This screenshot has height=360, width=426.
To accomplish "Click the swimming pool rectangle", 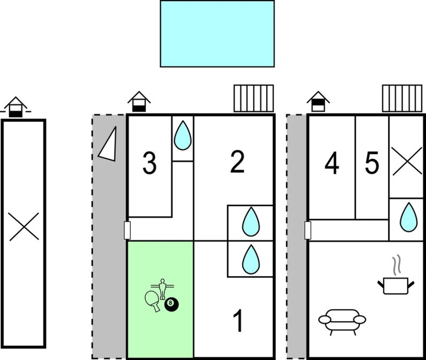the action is (217, 34).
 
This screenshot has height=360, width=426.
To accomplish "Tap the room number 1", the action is (238, 321).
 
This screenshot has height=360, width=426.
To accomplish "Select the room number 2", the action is (237, 162).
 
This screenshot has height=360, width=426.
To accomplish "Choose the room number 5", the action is (372, 163).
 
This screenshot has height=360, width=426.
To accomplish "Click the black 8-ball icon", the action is (172, 304).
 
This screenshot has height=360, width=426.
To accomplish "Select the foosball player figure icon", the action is (163, 289).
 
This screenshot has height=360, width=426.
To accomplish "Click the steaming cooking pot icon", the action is (396, 281).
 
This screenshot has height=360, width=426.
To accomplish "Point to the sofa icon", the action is (342, 322).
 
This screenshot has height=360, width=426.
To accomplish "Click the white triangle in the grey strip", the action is (109, 144).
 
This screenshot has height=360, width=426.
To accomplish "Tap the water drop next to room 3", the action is (183, 135).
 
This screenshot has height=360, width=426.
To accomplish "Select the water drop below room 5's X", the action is (408, 217).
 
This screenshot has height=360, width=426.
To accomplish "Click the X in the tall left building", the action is (23, 226).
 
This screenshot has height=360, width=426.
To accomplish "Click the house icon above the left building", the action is (15, 107).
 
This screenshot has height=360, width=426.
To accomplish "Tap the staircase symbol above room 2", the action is (254, 98).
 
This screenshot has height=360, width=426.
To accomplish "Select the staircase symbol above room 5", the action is (403, 98).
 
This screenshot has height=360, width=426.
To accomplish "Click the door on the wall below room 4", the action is (307, 230).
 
